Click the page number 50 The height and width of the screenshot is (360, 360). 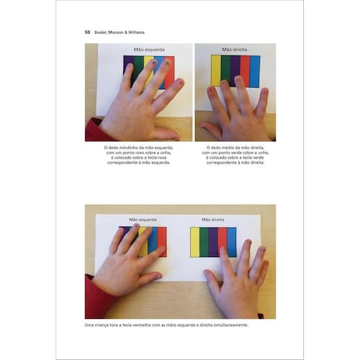click(x=87, y=32)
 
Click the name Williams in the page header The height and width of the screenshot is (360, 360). click(x=136, y=32)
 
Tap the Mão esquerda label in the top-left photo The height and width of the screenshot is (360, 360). click(x=149, y=50)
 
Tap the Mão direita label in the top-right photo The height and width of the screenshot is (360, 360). click(x=235, y=50)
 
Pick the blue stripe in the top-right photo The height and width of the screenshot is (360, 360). click(x=255, y=71)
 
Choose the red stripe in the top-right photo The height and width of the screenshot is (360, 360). click(x=245, y=71)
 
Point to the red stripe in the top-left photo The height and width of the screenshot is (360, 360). click(x=169, y=72)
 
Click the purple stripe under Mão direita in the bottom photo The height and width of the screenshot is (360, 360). click(x=213, y=242)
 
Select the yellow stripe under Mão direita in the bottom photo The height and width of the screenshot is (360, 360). click(x=195, y=242)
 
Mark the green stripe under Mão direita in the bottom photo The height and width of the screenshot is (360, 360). click(x=204, y=242)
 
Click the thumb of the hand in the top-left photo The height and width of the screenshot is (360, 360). click(x=166, y=134)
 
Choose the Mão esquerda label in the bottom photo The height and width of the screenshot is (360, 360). click(x=143, y=220)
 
